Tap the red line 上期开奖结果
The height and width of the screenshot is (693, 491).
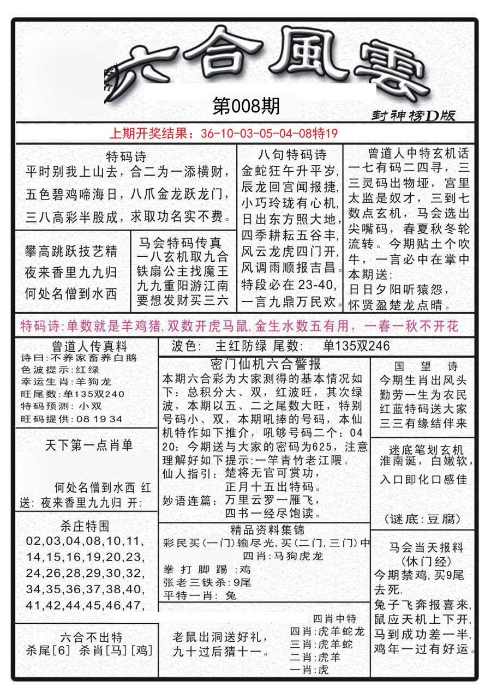point(224,133)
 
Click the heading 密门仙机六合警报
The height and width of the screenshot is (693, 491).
point(265,364)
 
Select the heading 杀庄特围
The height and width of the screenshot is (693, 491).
point(85,526)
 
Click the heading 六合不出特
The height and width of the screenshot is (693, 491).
point(91,637)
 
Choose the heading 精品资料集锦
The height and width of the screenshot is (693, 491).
point(267,529)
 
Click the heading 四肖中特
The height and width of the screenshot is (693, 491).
point(334,618)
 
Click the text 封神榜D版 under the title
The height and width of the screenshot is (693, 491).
point(413,115)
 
